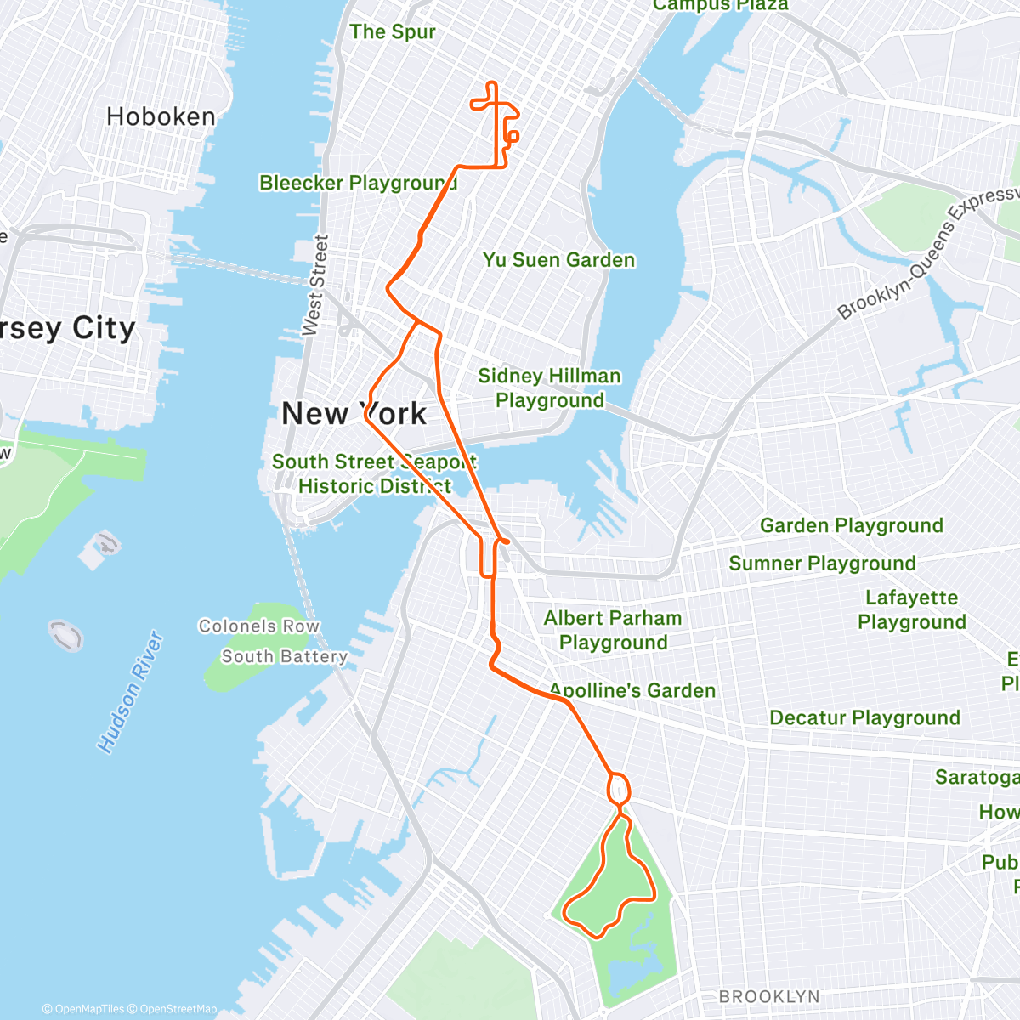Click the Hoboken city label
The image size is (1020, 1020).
(161, 116)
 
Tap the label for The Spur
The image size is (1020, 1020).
(392, 32)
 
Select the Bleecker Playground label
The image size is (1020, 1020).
(358, 183)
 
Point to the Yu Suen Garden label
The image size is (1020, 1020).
(558, 260)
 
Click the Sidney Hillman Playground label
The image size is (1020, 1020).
(549, 388)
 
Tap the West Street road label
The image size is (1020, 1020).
(314, 285)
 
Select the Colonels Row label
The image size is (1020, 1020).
(258, 626)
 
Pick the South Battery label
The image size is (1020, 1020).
(284, 656)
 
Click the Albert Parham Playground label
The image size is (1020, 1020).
(613, 630)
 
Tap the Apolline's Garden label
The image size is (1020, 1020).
(632, 690)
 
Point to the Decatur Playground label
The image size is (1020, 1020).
(864, 717)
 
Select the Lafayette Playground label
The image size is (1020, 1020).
(911, 609)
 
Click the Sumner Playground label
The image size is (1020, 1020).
(822, 563)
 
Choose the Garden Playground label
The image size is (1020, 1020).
(851, 525)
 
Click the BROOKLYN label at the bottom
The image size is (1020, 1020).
(769, 996)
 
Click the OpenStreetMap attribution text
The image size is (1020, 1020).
(178, 1009)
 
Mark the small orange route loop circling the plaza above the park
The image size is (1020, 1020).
(619, 788)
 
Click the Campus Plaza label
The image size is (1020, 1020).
(720, 5)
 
